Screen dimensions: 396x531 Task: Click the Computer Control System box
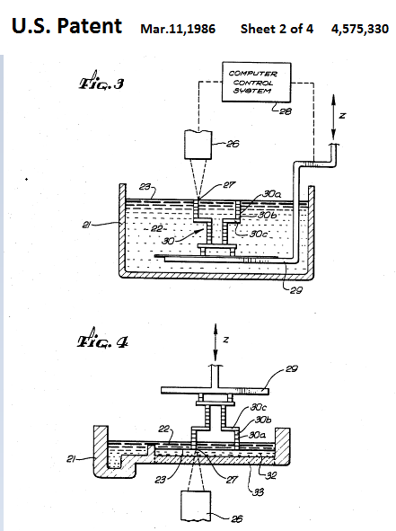pyautogui.click(x=256, y=82)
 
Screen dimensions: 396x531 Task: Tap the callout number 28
pyautogui.click(x=285, y=111)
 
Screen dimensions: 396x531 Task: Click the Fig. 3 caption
pyautogui.click(x=101, y=82)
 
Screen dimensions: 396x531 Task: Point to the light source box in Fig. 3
pyautogui.click(x=198, y=145)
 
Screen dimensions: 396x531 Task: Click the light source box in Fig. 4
pyautogui.click(x=196, y=506)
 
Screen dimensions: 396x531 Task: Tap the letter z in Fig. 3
pyautogui.click(x=342, y=116)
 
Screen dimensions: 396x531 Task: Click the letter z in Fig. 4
pyautogui.click(x=226, y=339)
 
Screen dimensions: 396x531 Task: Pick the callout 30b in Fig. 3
pyautogui.click(x=267, y=215)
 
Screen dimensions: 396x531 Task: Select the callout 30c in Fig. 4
pyautogui.click(x=258, y=407)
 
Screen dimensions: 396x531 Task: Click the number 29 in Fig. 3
pyautogui.click(x=295, y=290)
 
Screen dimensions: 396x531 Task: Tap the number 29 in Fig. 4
pyautogui.click(x=292, y=368)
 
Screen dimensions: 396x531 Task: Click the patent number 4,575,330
pyautogui.click(x=360, y=29)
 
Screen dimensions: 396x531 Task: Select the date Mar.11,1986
pyautogui.click(x=178, y=29)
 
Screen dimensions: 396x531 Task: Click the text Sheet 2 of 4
pyautogui.click(x=277, y=29)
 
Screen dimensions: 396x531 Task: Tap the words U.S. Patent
pyautogui.click(x=66, y=26)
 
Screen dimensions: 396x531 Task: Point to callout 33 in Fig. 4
pyautogui.click(x=258, y=491)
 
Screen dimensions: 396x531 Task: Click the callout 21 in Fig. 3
pyautogui.click(x=86, y=225)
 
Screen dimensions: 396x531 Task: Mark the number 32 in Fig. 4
pyautogui.click(x=271, y=475)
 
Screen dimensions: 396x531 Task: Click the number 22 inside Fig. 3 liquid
pyautogui.click(x=156, y=229)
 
